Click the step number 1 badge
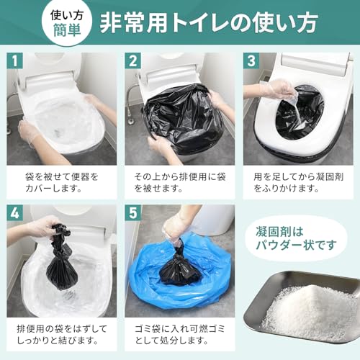(x=16, y=61)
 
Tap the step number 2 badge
(x=133, y=61)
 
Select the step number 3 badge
(x=251, y=61)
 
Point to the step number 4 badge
(x=16, y=214)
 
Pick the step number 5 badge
(x=133, y=214)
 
